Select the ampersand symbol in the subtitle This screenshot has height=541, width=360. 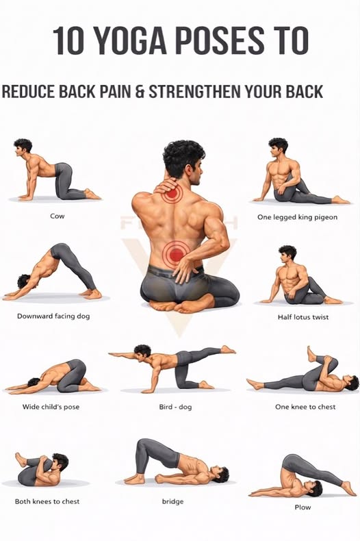[x=140, y=92]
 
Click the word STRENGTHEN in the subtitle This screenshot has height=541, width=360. [x=194, y=92]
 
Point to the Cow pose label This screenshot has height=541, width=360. [x=57, y=216]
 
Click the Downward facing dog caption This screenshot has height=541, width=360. [x=53, y=316]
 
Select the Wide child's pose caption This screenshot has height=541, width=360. [x=51, y=407]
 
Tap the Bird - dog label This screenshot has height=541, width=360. [x=175, y=407]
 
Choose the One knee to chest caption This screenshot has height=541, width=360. [x=305, y=407]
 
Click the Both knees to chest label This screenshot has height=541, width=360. [x=47, y=501]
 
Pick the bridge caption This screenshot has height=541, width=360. [x=172, y=501]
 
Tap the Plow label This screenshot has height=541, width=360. [x=303, y=507]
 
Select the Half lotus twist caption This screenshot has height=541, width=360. [x=303, y=317]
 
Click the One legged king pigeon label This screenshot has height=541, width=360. [x=297, y=217]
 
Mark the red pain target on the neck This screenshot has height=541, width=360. [x=172, y=193]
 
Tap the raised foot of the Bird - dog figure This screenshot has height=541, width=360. [x=229, y=349]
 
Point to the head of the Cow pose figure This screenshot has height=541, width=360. [x=23, y=147]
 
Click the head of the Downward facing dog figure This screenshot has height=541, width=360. [x=24, y=281]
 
